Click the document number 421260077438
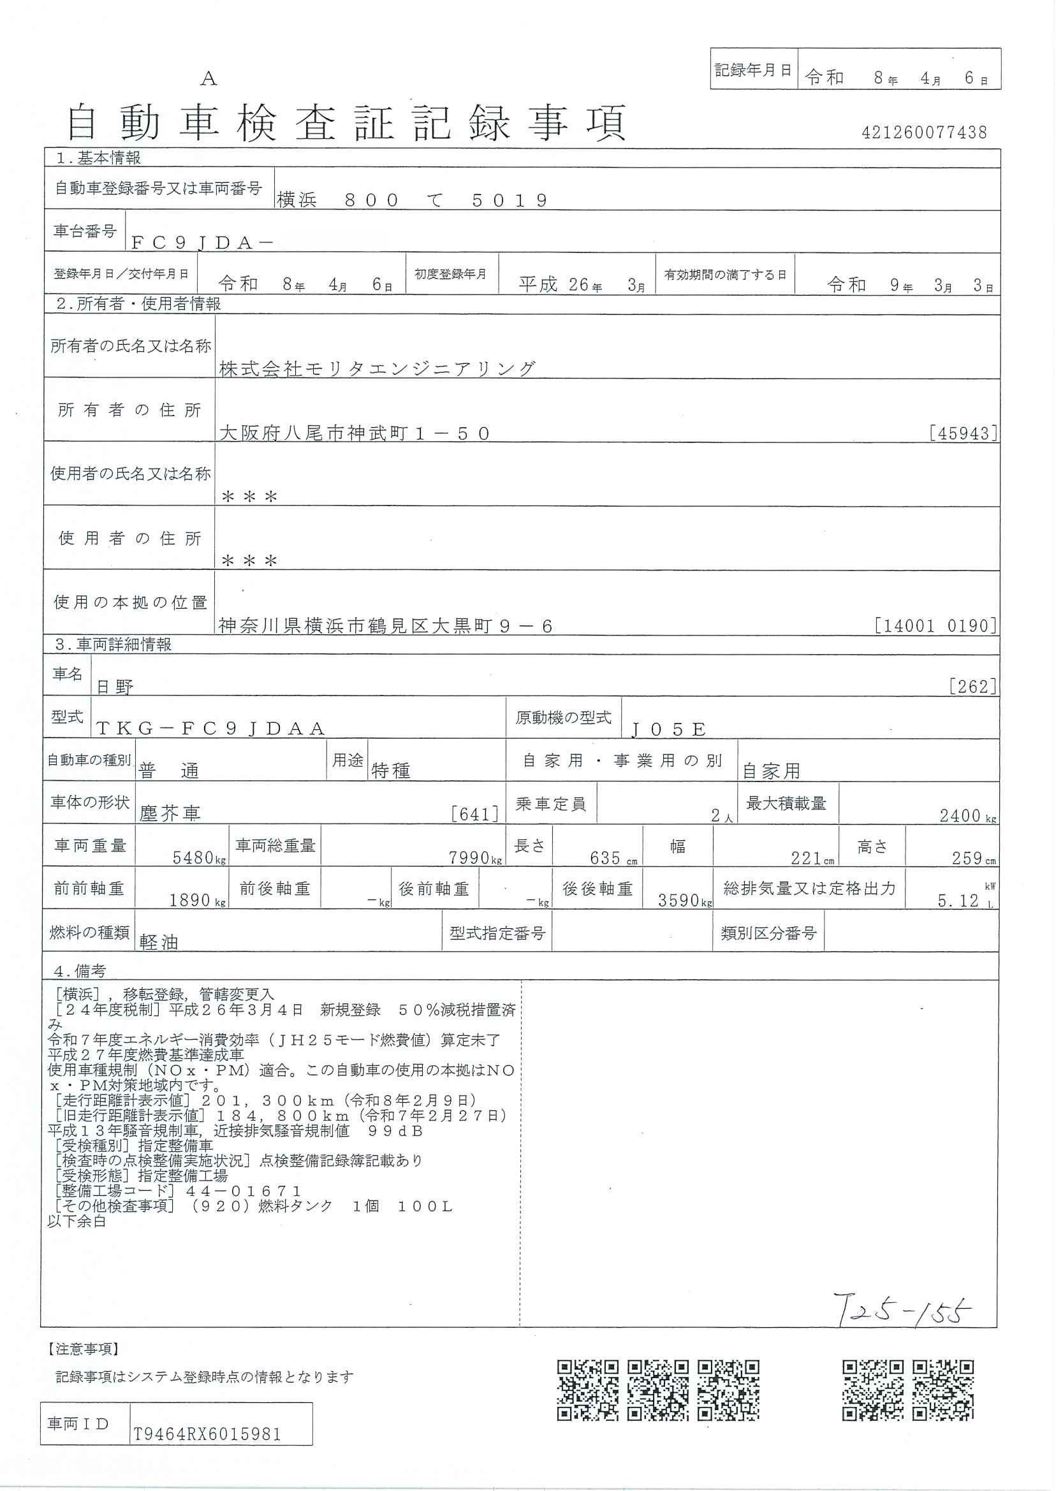924,133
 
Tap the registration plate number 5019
510,200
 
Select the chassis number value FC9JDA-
202,242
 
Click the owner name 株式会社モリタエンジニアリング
378,368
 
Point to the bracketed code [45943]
964,433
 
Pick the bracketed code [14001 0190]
935,626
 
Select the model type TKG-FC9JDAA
210,729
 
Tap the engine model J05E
668,729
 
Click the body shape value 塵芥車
170,813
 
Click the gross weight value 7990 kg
469,858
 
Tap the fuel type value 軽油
159,942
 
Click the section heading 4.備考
80,971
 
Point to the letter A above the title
208,78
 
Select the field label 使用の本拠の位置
130,602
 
